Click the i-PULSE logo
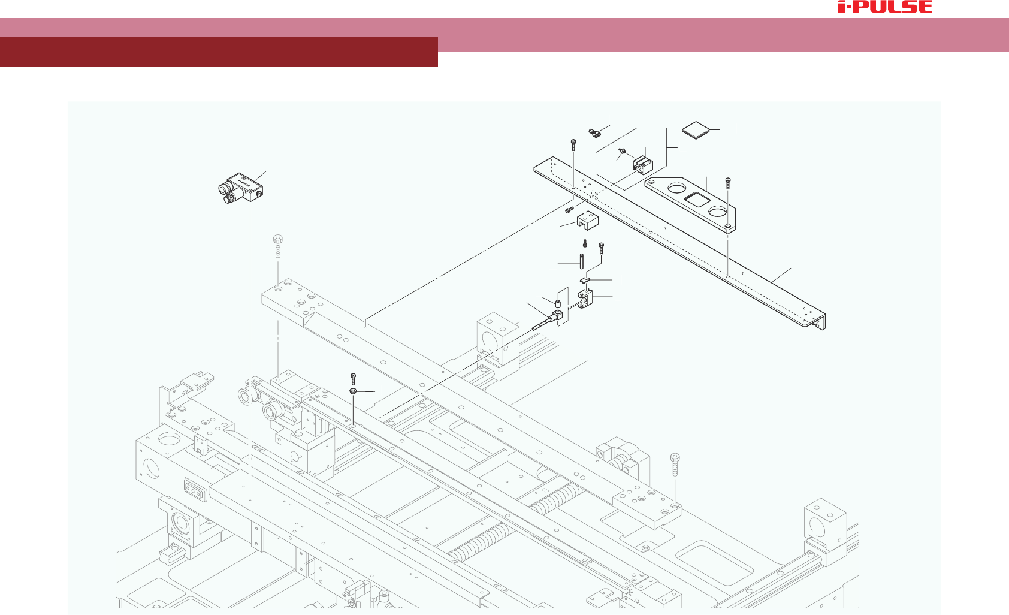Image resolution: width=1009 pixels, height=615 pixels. pyautogui.click(x=885, y=7)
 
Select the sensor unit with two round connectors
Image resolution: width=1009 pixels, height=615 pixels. pyautogui.click(x=241, y=188)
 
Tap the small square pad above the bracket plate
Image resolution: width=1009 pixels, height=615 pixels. pyautogui.click(x=696, y=131)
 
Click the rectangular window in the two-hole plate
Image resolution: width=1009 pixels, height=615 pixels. pyautogui.click(x=696, y=200)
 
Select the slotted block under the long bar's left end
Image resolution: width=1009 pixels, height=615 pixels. pyautogui.click(x=587, y=221)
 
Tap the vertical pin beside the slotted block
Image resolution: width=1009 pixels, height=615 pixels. pyautogui.click(x=581, y=263)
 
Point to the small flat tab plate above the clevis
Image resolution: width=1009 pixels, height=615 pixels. pyautogui.click(x=585, y=279)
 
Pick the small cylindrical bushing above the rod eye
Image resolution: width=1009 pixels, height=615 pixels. pyautogui.click(x=558, y=303)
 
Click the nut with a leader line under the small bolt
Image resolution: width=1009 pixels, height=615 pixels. pyautogui.click(x=354, y=391)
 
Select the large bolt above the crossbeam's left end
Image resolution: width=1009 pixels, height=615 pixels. pyautogui.click(x=278, y=245)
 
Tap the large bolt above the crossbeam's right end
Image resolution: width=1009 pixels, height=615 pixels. pyautogui.click(x=675, y=464)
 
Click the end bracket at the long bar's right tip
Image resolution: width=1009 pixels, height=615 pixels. pyautogui.click(x=819, y=321)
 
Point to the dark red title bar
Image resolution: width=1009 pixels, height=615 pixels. pyautogui.click(x=219, y=52)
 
